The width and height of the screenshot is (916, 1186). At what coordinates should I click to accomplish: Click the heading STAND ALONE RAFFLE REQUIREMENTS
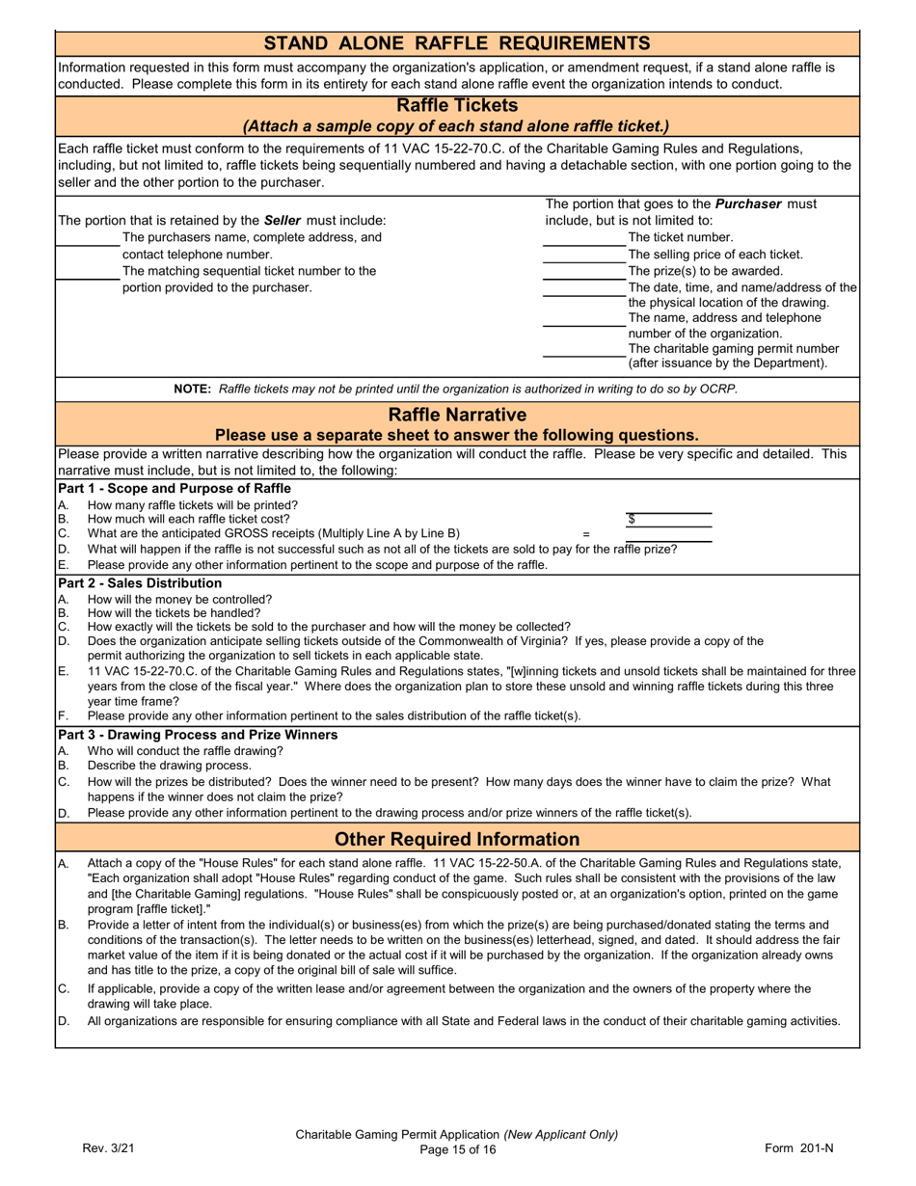pyautogui.click(x=457, y=43)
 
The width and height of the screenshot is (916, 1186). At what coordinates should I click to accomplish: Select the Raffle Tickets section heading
pyautogui.click(x=457, y=105)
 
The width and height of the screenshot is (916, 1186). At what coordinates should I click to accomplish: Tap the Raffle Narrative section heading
pyautogui.click(x=457, y=415)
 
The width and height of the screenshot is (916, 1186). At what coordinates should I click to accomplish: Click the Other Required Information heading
pyautogui.click(x=457, y=839)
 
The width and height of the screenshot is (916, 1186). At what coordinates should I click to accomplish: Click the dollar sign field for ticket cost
pyautogui.click(x=668, y=520)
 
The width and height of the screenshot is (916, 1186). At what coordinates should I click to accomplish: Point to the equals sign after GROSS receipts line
pyautogui.click(x=585, y=534)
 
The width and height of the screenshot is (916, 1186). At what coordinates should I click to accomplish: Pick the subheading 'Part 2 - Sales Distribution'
pyautogui.click(x=140, y=583)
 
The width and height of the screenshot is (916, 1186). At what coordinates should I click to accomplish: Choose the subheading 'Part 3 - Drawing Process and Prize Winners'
pyautogui.click(x=198, y=735)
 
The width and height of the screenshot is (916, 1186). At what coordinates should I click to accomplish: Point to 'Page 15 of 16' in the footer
pyautogui.click(x=457, y=1149)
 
